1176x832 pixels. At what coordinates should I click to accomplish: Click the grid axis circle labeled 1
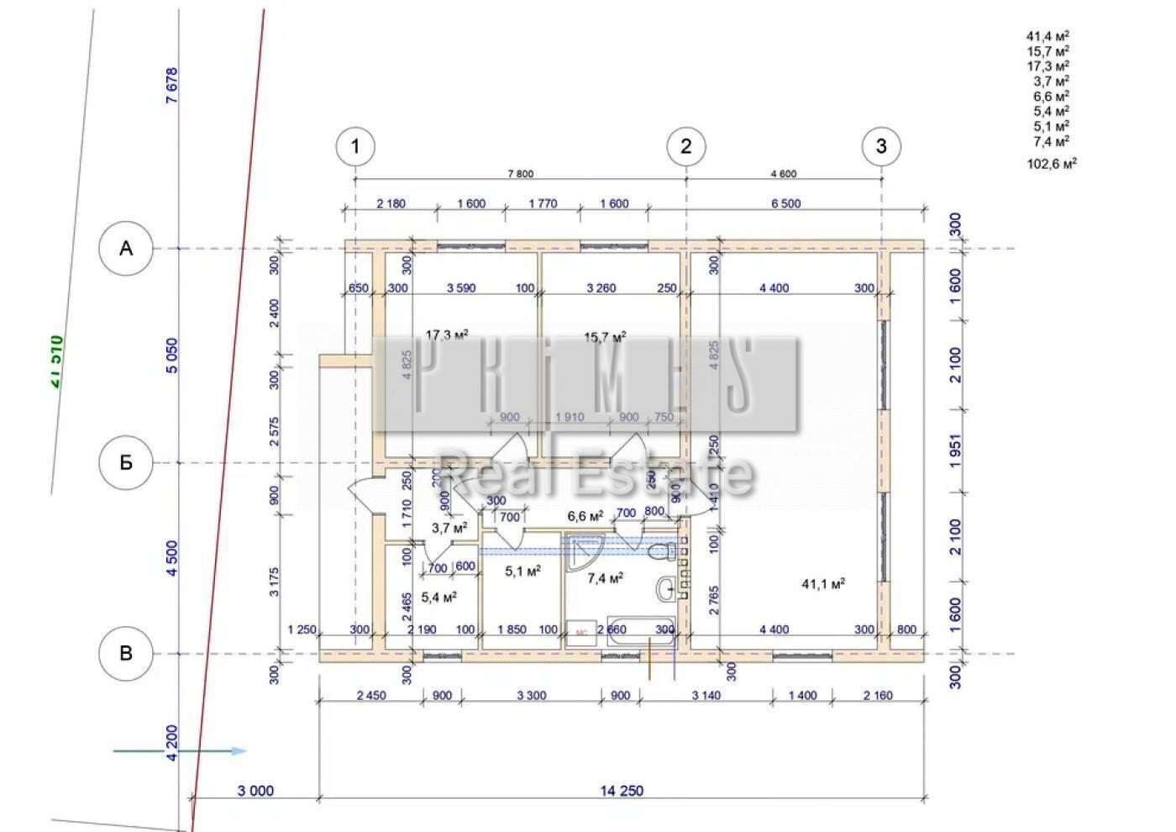tap(355, 146)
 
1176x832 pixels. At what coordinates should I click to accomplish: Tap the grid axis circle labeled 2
tap(686, 146)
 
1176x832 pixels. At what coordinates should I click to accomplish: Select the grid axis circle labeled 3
tap(881, 146)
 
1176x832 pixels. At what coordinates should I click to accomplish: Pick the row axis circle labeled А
tap(126, 248)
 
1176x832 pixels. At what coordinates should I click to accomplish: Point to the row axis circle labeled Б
tap(126, 462)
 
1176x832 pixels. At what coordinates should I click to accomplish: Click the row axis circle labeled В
tap(126, 653)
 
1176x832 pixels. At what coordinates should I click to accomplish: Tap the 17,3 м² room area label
tap(446, 335)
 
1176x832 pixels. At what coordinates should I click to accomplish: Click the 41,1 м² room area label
tap(823, 584)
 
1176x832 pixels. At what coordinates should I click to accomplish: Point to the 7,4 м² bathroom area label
tap(605, 578)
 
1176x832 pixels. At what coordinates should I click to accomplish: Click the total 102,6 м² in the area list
tap(1052, 164)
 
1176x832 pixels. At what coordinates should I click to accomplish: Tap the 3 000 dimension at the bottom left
tap(255, 791)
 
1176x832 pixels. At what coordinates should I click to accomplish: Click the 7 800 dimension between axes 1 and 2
tap(520, 174)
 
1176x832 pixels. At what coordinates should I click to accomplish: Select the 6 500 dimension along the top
tap(785, 203)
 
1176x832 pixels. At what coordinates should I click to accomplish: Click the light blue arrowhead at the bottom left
tap(239, 750)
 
